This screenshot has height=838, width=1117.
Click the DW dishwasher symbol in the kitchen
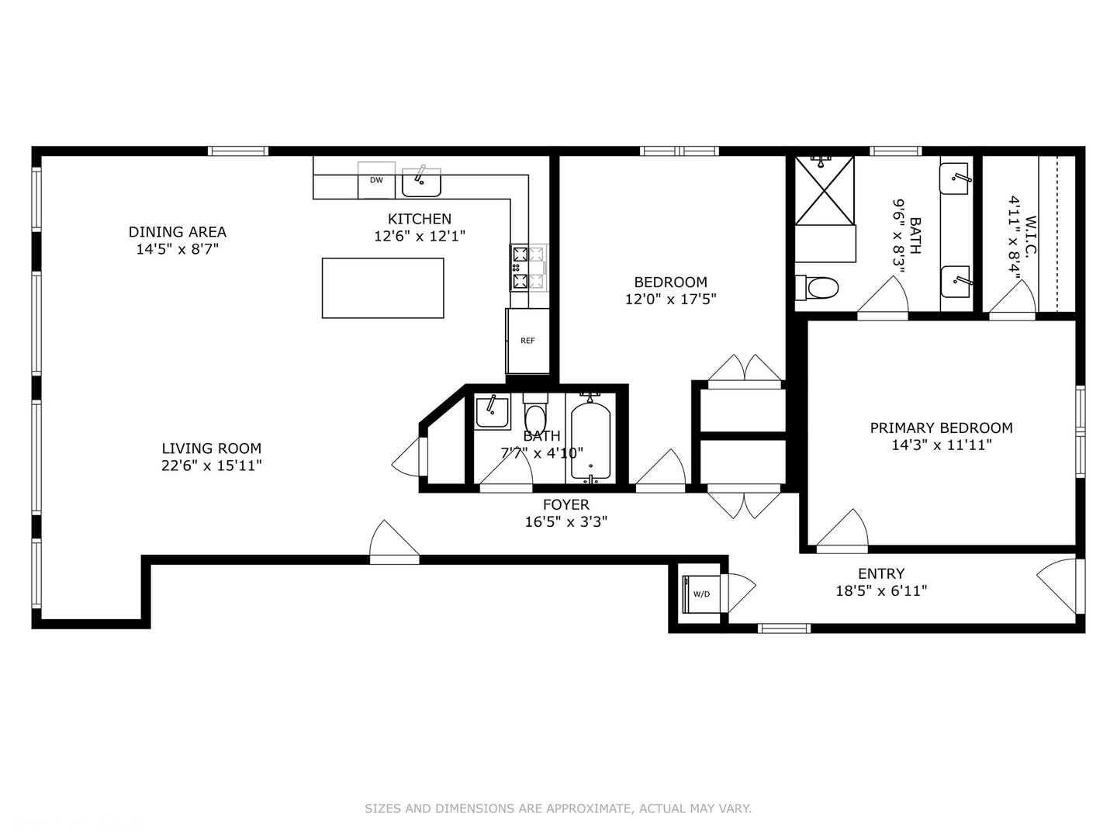[376, 180]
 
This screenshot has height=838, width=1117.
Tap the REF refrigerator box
[527, 341]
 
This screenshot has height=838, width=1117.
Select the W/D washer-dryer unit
[701, 594]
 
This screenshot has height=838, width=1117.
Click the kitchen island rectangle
[382, 288]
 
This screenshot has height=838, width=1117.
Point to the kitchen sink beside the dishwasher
[421, 182]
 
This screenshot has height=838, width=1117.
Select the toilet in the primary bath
[818, 289]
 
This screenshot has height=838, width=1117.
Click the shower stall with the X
[824, 191]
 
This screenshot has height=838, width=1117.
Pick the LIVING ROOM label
[211, 448]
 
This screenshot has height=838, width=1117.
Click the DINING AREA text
[178, 232]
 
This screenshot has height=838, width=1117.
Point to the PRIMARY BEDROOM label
[941, 428]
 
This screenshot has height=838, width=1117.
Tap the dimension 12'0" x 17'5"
[670, 299]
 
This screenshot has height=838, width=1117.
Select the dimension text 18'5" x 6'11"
[881, 590]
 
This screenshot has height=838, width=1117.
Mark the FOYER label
[565, 505]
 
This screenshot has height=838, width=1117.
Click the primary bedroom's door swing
[846, 532]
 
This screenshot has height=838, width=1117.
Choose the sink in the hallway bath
[492, 411]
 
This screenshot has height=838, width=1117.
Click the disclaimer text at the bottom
[558, 809]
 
